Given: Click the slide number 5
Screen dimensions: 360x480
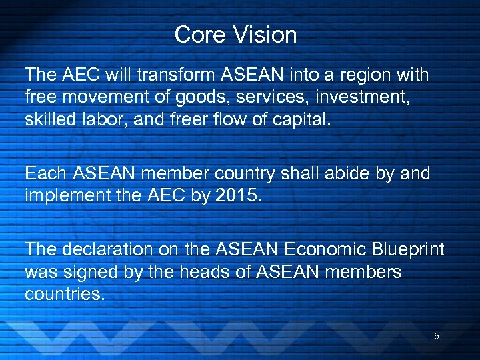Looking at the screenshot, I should click(437, 336).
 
